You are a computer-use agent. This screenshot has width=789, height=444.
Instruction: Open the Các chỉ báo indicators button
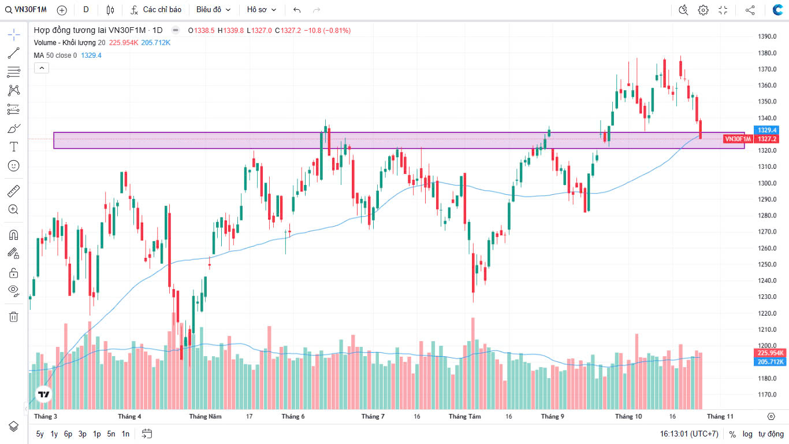click(x=156, y=10)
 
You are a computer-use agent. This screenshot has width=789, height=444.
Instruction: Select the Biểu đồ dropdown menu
click(x=213, y=10)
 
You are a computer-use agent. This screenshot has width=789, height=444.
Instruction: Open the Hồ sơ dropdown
click(x=261, y=10)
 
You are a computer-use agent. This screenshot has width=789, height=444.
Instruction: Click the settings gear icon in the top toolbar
click(x=703, y=10)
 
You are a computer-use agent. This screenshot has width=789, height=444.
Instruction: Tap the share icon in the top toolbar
click(x=750, y=10)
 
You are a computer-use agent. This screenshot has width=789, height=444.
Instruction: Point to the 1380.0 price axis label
click(x=767, y=53)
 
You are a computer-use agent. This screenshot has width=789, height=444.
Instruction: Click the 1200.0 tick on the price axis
click(x=767, y=346)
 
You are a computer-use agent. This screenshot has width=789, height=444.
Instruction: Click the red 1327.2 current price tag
click(x=768, y=139)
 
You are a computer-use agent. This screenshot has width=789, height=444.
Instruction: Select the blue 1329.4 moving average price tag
click(x=768, y=130)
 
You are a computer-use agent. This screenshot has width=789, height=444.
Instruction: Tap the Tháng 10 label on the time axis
click(x=628, y=416)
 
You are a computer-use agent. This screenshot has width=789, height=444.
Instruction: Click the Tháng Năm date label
click(x=205, y=416)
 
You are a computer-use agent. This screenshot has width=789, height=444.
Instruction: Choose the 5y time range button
click(x=40, y=434)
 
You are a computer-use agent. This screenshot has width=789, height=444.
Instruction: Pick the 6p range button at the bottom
click(x=68, y=434)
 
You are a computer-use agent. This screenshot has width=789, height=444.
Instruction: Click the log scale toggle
click(x=747, y=434)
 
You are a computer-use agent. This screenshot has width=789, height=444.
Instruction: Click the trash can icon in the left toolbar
click(x=14, y=316)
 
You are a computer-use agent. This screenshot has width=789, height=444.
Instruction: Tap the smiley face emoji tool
click(x=14, y=166)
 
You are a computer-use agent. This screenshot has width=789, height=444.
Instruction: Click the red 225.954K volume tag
click(x=771, y=353)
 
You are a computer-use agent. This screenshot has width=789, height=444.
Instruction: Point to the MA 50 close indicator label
click(x=55, y=55)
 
